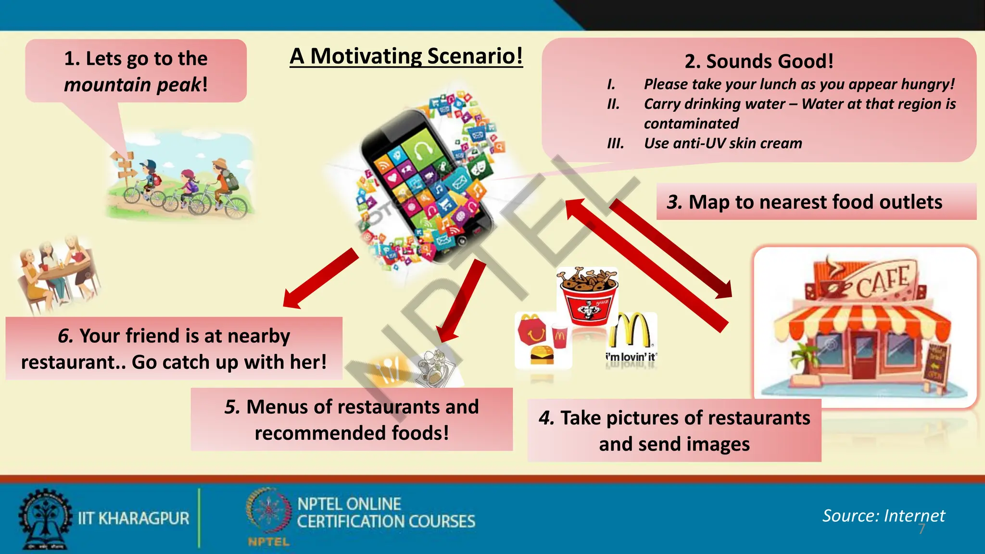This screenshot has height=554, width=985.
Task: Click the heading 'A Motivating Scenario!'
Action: [x=406, y=56]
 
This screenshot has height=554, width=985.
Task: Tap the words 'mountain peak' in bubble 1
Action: [x=132, y=85]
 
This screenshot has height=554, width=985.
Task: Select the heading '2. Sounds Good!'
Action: [x=758, y=61]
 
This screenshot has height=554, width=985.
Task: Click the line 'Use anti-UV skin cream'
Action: [x=722, y=143]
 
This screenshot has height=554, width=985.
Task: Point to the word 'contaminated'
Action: [x=691, y=124]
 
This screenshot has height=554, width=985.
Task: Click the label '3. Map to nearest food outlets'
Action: [x=804, y=202]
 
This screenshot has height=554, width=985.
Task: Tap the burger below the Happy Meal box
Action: [x=542, y=354]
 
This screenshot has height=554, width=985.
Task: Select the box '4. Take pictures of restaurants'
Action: [x=674, y=430]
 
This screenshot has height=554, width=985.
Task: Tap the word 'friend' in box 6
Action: [x=150, y=336]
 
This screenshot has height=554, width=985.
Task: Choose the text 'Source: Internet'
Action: [x=883, y=516]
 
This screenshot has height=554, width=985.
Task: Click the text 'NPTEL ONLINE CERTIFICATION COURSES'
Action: [x=386, y=513]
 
